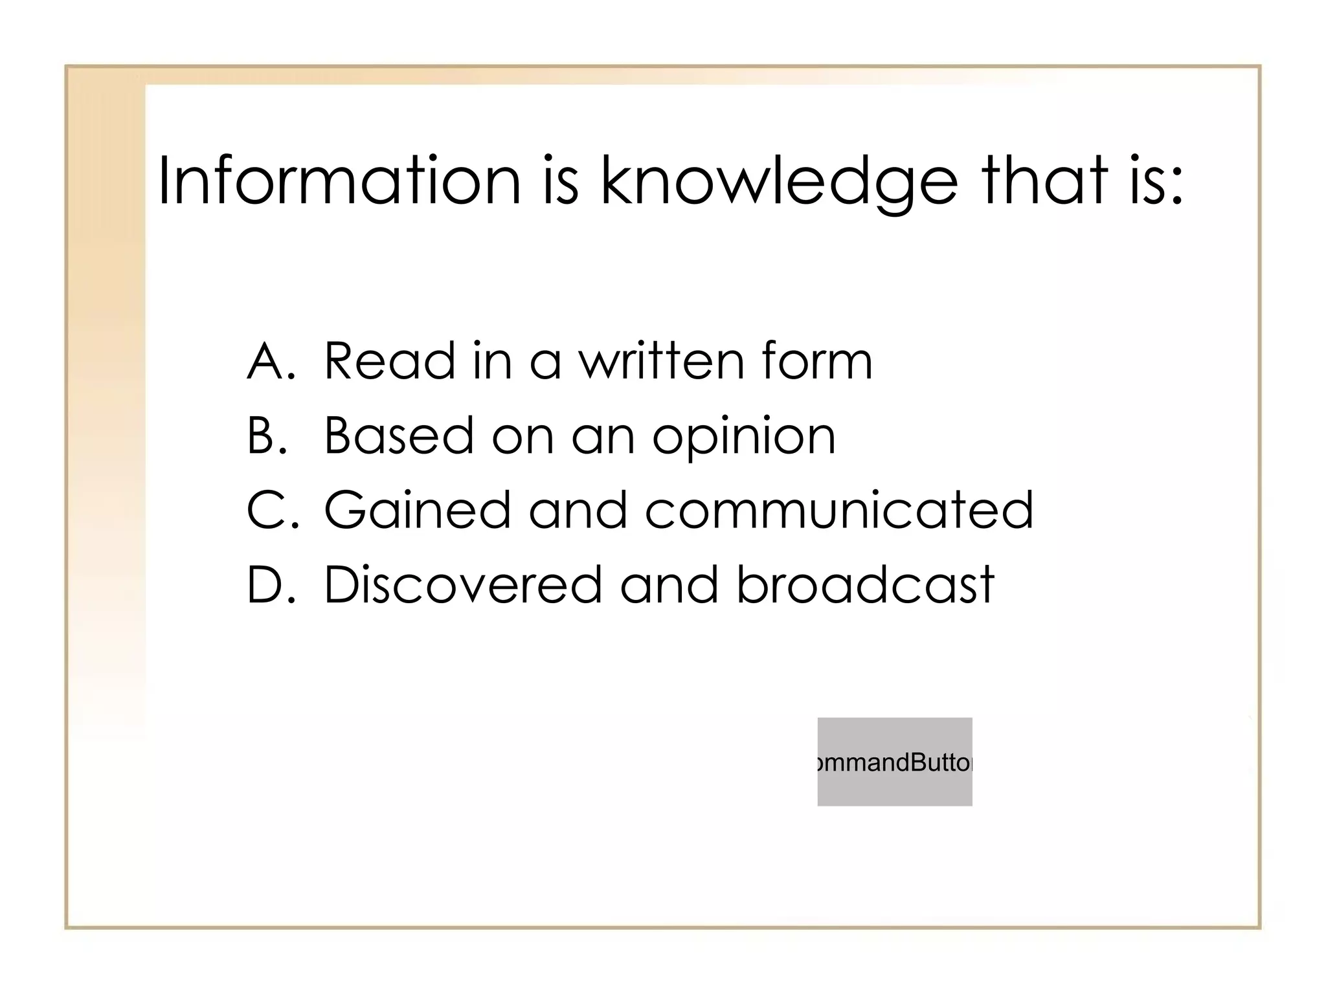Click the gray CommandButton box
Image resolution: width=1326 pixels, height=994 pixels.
point(894,762)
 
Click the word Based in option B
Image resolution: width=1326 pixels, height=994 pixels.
point(398,436)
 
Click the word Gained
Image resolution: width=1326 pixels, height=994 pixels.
point(418,510)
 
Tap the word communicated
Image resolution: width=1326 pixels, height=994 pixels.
point(838,510)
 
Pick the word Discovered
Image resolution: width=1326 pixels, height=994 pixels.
point(462,584)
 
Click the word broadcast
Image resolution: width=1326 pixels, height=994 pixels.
point(864,584)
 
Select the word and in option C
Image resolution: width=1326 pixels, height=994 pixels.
point(578,510)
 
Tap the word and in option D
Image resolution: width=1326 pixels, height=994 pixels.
point(669,584)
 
